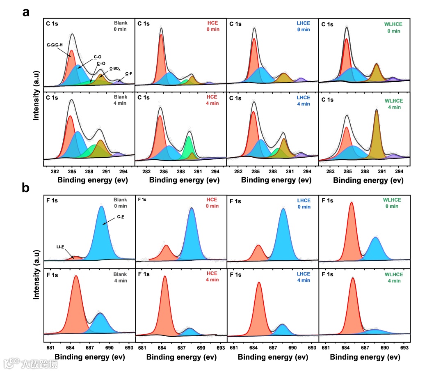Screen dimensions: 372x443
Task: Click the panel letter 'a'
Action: coord(26,12)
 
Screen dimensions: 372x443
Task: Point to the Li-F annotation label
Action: coord(60,247)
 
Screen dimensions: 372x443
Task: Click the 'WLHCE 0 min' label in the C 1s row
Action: coord(393,28)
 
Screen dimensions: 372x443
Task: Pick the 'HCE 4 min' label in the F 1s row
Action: coord(212,277)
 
